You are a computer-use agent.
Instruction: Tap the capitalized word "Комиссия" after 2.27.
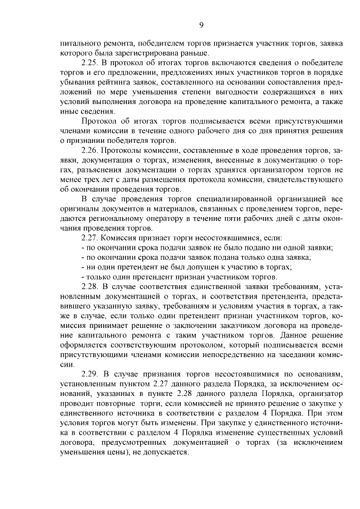(119, 238)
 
